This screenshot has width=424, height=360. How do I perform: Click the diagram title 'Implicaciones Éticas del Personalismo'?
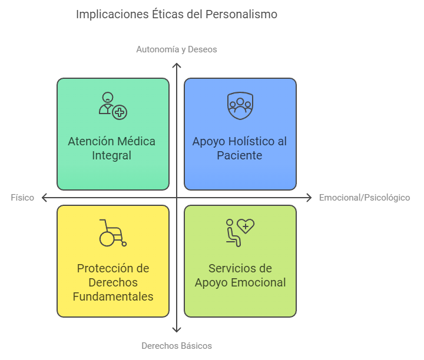coord(177,14)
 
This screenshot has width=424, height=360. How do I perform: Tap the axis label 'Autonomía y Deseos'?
coord(177,49)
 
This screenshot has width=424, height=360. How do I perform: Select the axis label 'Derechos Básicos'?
coord(177,346)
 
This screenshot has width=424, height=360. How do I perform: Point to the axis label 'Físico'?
coord(22,198)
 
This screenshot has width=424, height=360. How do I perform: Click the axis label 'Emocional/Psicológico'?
coord(365,198)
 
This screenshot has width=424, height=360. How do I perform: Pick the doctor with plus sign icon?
coord(112,105)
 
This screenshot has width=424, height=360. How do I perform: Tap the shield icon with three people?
coord(240,105)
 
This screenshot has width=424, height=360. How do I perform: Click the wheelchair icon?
coord(112,232)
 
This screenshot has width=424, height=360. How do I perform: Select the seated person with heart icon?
coord(240,232)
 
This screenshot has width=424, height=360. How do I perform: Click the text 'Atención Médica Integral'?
coord(112,148)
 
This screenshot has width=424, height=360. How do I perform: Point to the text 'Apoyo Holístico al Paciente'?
coord(240,148)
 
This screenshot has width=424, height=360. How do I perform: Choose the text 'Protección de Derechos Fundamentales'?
coord(113,282)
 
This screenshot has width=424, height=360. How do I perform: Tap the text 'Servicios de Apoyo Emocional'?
coord(240,275)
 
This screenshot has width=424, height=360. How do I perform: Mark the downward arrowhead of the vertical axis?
coord(177,331)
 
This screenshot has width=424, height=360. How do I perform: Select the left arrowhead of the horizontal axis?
coord(44,198)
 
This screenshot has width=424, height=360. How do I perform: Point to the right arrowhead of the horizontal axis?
coord(310,198)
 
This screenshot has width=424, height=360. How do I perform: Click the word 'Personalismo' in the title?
coord(241,14)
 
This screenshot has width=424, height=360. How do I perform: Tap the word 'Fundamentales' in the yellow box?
coord(113,296)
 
